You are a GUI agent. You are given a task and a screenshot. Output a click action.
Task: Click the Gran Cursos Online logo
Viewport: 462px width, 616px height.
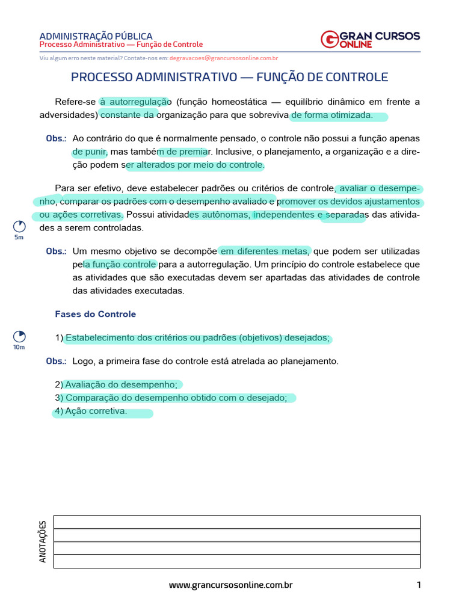(370, 39)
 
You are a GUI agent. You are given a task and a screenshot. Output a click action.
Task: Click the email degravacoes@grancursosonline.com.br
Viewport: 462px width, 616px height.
(223, 58)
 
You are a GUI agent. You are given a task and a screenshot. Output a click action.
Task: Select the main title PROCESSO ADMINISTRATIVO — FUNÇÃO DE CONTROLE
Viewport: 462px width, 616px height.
(230, 78)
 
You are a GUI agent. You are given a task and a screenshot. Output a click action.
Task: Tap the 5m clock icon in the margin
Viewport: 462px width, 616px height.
(19, 227)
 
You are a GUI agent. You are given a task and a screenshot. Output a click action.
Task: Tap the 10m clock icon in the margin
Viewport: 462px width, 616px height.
(19, 336)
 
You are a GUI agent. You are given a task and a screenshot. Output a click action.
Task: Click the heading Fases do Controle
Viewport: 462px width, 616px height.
(96, 314)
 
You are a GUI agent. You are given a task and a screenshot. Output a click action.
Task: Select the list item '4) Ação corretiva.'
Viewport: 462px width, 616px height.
(91, 411)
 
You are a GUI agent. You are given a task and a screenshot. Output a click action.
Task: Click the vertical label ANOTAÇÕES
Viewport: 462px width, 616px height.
(43, 541)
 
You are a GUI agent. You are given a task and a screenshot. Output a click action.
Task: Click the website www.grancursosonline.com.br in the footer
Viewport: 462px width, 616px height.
(230, 585)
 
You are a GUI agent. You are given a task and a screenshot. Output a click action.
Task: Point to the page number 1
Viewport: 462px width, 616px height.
(418, 585)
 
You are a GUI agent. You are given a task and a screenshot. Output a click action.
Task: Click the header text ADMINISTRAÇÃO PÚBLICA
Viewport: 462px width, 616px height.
(96, 36)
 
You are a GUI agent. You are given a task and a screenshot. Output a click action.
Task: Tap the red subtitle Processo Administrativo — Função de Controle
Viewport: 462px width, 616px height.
(121, 45)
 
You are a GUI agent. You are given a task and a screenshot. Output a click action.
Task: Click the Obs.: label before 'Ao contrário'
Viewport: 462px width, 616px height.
(56, 138)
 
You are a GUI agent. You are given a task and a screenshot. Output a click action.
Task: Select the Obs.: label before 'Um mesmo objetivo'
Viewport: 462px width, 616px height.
(56, 251)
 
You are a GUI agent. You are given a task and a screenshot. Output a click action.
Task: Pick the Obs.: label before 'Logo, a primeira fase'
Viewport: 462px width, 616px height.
(56, 362)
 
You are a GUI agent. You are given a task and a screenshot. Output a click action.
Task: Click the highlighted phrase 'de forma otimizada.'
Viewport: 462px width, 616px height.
(332, 115)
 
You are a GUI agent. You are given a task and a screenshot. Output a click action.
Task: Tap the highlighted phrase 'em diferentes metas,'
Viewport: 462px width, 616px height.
(265, 251)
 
